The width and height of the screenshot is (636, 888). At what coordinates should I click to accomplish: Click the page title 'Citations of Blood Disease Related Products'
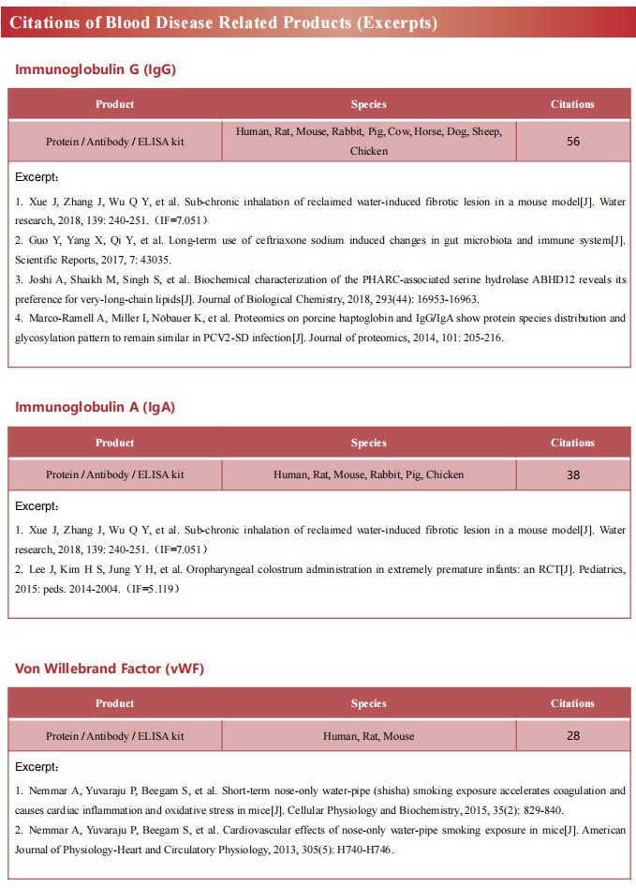pyautogui.click(x=224, y=23)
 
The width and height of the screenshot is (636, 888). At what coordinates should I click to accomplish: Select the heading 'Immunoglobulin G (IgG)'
pyautogui.click(x=96, y=69)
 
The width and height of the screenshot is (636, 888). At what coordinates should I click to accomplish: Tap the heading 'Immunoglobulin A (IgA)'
pyautogui.click(x=95, y=407)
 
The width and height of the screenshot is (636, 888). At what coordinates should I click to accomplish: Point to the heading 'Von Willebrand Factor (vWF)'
pyautogui.click(x=110, y=669)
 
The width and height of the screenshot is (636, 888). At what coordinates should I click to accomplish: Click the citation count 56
pyautogui.click(x=573, y=142)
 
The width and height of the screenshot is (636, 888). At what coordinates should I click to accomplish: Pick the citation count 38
pyautogui.click(x=573, y=474)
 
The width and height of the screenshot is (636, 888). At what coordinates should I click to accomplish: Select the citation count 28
pyautogui.click(x=573, y=736)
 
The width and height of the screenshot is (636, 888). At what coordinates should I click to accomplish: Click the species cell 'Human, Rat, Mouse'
pyautogui.click(x=368, y=736)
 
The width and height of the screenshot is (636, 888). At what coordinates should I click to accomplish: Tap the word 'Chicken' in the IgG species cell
pyautogui.click(x=368, y=151)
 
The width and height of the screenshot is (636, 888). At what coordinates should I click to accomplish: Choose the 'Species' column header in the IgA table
pyautogui.click(x=368, y=443)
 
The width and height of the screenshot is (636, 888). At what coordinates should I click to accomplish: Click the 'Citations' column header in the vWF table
pyautogui.click(x=572, y=703)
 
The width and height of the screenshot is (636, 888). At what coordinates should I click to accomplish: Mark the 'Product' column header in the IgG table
pyautogui.click(x=114, y=104)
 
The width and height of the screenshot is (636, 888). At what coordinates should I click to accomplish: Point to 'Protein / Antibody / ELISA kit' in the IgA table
pyautogui.click(x=114, y=474)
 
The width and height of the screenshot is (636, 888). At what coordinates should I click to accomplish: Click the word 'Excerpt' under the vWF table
pyautogui.click(x=36, y=766)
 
